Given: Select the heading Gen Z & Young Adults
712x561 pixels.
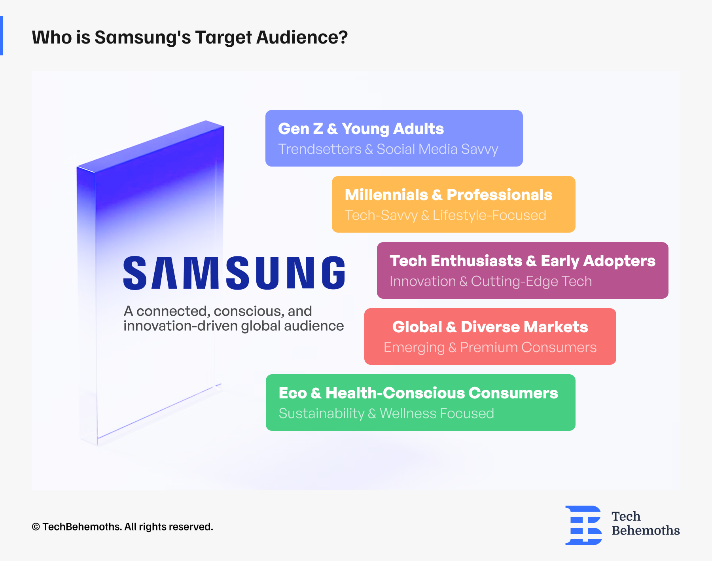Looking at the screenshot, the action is click(x=361, y=129).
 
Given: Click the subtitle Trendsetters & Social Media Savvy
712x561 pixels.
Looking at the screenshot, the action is click(x=388, y=149).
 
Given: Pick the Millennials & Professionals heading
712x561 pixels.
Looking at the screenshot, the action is click(x=448, y=195).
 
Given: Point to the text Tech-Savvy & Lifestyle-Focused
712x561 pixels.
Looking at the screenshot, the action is click(x=445, y=215).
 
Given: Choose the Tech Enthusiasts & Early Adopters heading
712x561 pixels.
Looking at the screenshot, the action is click(x=522, y=261).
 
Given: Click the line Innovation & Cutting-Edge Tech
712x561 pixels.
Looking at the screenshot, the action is click(x=490, y=281).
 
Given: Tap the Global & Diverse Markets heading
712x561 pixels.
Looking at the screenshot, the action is click(x=490, y=327).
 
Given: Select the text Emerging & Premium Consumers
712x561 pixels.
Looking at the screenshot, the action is click(x=490, y=347).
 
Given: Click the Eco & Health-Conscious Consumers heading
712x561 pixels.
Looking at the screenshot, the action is click(x=418, y=393).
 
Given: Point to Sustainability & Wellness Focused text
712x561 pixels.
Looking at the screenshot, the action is click(x=386, y=413).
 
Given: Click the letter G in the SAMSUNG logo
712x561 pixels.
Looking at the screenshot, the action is click(x=333, y=273).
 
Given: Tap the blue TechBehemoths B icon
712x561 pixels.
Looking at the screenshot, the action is click(x=583, y=525).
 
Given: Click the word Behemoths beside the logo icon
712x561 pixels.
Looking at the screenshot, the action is click(x=646, y=530).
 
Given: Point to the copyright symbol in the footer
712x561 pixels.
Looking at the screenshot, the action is click(x=36, y=527).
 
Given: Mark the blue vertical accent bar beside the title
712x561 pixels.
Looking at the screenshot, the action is click(x=2, y=36).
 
